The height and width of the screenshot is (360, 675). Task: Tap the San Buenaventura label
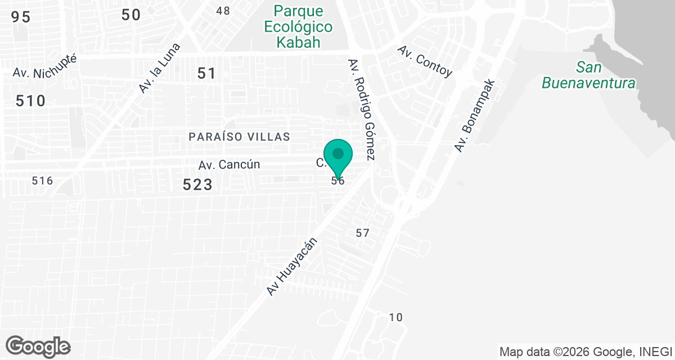(x=588, y=75)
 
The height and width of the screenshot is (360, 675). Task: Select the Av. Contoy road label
(x=425, y=61)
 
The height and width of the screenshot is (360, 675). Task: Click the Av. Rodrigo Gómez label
(x=362, y=109)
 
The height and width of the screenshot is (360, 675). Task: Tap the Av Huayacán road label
(x=292, y=267)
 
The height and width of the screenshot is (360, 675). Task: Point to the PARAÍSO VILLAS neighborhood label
(x=240, y=137)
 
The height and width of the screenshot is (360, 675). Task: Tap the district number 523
(x=198, y=184)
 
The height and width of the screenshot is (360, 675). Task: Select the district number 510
(x=30, y=101)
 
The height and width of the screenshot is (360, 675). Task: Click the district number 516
(x=42, y=181)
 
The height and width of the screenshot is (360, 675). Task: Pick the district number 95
(x=20, y=17)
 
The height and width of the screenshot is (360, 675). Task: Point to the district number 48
(x=223, y=11)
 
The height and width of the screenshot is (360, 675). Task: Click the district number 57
(x=362, y=233)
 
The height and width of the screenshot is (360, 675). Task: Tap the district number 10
(x=396, y=317)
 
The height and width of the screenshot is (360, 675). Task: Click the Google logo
(x=38, y=346)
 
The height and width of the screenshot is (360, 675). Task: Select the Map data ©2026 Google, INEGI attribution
(x=586, y=352)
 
